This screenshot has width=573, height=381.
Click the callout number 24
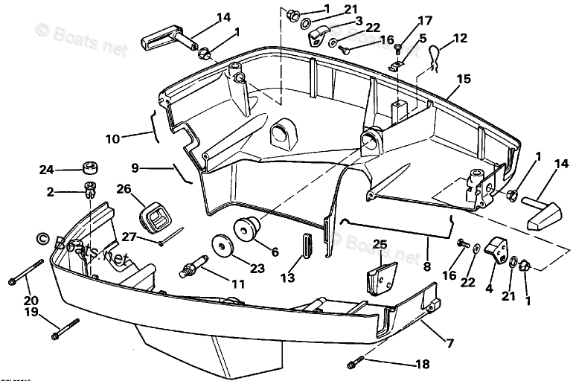tap(46, 170)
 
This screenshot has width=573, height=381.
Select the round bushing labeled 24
tap(90, 167)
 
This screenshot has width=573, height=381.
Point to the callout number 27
tap(129, 237)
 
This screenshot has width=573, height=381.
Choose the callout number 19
tap(31, 313)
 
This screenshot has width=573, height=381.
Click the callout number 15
tap(464, 78)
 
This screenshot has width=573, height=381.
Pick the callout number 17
tap(423, 20)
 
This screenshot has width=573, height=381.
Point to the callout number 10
tap(112, 138)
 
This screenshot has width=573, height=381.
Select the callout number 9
tap(135, 167)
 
